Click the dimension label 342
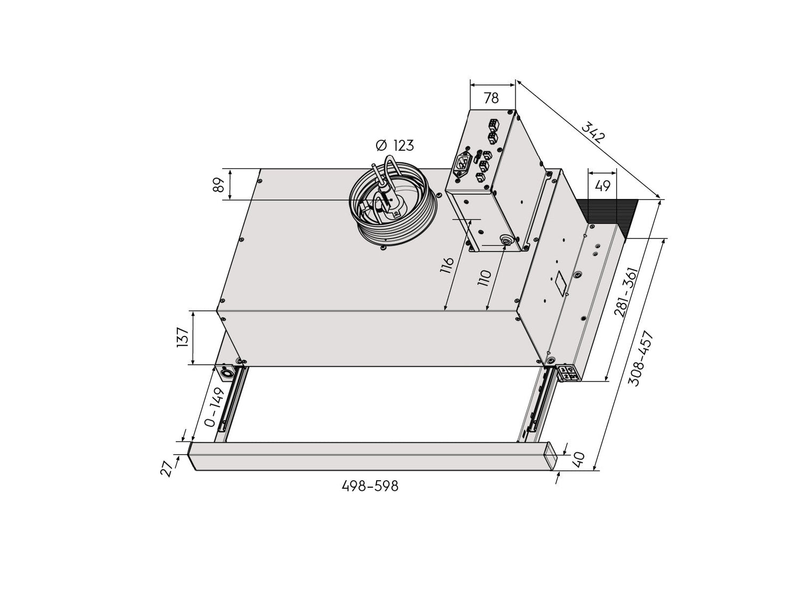point(593,133)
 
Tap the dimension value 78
point(491,98)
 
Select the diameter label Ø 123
point(394,145)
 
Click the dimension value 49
point(602,186)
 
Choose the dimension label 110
point(484,278)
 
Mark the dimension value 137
point(182,338)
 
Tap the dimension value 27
point(168,467)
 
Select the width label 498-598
point(370,486)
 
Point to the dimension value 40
point(580,458)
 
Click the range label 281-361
point(625,293)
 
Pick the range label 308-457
point(640,358)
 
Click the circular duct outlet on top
point(393,202)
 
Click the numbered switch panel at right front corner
point(568,373)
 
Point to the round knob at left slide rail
point(227,374)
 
